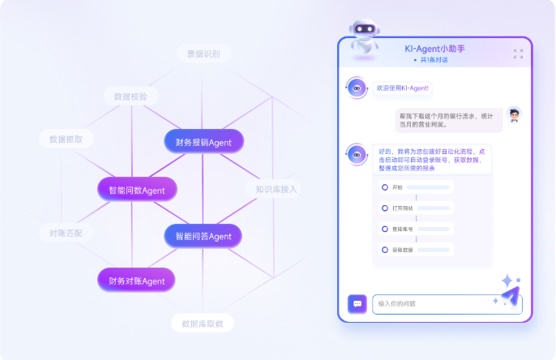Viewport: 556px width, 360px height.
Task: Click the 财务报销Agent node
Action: click(203, 142)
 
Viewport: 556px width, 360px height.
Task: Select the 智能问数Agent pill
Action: click(137, 190)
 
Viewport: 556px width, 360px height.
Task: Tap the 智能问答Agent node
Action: click(203, 237)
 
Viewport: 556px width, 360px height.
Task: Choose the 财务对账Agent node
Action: click(137, 281)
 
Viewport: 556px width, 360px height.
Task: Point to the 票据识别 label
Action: click(203, 54)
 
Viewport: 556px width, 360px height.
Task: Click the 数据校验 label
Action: click(130, 96)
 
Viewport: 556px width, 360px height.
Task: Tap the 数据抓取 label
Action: click(66, 139)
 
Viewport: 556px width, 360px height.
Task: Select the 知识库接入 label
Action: click(276, 189)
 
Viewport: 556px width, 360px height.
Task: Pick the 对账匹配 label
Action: click(66, 233)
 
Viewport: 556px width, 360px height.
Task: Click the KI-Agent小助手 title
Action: click(434, 49)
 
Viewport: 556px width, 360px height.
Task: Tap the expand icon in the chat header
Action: click(518, 54)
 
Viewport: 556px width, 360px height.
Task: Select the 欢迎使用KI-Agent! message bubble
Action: click(403, 88)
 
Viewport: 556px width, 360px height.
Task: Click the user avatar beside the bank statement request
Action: click(514, 114)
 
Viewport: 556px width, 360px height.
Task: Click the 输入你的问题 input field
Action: click(446, 304)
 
